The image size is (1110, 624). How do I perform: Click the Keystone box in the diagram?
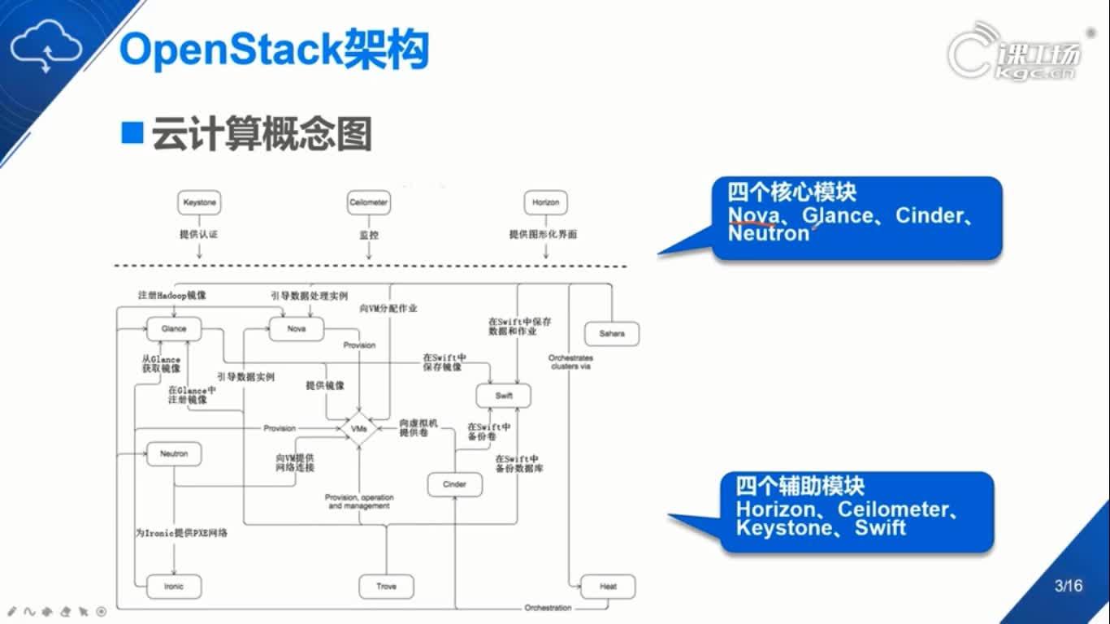click(199, 202)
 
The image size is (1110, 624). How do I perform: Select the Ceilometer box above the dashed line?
click(368, 202)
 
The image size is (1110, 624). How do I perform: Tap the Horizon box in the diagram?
click(545, 202)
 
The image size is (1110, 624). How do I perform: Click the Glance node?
click(174, 329)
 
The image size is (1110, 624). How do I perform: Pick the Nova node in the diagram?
click(297, 329)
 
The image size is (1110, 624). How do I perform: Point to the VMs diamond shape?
click(358, 428)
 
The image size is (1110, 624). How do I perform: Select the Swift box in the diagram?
click(504, 396)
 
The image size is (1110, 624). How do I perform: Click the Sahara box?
click(612, 334)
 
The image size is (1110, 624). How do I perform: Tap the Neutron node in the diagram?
click(174, 453)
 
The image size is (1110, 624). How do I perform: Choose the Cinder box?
click(454, 484)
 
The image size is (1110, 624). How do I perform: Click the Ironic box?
click(174, 586)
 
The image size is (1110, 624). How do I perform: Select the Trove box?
click(387, 586)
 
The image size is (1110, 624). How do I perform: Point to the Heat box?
click(608, 586)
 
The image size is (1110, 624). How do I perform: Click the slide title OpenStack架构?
click(274, 50)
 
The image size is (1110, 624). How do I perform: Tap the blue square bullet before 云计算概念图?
click(132, 132)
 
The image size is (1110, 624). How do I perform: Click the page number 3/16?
click(1068, 586)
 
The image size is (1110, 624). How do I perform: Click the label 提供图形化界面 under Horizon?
click(543, 235)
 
